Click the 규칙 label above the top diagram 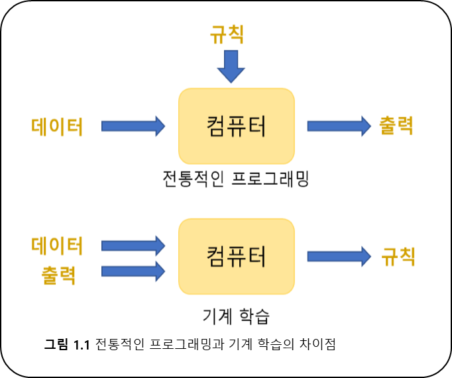[x=227, y=34]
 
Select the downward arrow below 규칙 [x=231, y=66]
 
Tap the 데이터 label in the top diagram [x=57, y=126]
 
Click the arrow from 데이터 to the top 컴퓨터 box [x=133, y=126]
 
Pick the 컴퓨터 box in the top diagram [x=237, y=126]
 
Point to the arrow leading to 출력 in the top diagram [x=339, y=126]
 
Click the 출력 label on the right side [x=396, y=126]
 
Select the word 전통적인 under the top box [x=193, y=179]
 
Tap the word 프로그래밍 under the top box [x=270, y=179]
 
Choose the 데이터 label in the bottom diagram [x=57, y=246]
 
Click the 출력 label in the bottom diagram [x=58, y=275]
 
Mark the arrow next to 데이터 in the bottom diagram [x=133, y=246]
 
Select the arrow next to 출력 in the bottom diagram [x=133, y=271]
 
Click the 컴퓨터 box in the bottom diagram [x=237, y=256]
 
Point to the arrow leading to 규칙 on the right [x=339, y=256]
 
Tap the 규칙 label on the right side [x=398, y=256]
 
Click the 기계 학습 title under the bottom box [x=236, y=316]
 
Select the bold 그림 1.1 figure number [x=67, y=344]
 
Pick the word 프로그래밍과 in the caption [x=187, y=344]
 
